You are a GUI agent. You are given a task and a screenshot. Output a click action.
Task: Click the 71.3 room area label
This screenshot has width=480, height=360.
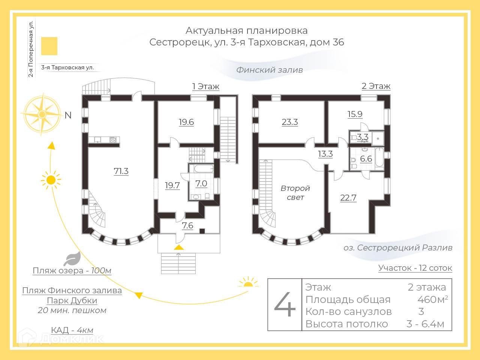coord(121,171)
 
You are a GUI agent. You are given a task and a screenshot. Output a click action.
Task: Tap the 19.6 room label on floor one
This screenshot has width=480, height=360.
coord(186,122)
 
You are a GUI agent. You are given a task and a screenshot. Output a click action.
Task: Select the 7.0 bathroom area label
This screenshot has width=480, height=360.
coord(201,183)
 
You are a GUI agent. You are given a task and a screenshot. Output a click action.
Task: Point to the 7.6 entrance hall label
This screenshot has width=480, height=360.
coord(187,225)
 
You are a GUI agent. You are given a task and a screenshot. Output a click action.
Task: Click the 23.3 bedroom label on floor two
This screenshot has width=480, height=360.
coord(290,122)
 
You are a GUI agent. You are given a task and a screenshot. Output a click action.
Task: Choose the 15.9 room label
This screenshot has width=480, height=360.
coord(355,114)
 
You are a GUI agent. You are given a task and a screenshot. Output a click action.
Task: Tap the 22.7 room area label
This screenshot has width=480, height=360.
coord(348,198)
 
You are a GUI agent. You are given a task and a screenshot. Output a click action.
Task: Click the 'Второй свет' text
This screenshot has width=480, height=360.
coord(295,193)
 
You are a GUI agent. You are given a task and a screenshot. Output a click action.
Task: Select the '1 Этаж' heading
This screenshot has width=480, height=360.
coord(205,87)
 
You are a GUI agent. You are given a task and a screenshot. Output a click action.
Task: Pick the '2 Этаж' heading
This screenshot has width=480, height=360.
coord(376,86)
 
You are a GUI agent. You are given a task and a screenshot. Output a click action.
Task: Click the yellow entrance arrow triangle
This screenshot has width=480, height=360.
coord(179,247)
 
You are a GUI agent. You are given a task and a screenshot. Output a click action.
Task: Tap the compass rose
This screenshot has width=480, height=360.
coord(42,114)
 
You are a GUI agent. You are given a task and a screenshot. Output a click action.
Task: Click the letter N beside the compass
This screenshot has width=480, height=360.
coord(68,115)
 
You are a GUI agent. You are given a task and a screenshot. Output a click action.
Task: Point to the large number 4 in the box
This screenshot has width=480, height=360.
coord(285,304)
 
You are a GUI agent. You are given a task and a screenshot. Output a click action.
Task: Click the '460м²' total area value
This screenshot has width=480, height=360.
coord(432,299)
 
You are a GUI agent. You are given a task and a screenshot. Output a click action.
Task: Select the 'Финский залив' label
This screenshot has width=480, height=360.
coord(269,70)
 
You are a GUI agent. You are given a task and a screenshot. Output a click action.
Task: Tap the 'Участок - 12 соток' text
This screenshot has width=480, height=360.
coord(415,268)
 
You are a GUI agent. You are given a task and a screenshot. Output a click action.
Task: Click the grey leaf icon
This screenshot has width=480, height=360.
coord(72,259)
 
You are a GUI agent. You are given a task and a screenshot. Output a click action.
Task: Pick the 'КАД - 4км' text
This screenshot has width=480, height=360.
coord(72,330)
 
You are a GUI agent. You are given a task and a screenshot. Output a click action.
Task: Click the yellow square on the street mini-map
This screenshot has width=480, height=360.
coord(49,46)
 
